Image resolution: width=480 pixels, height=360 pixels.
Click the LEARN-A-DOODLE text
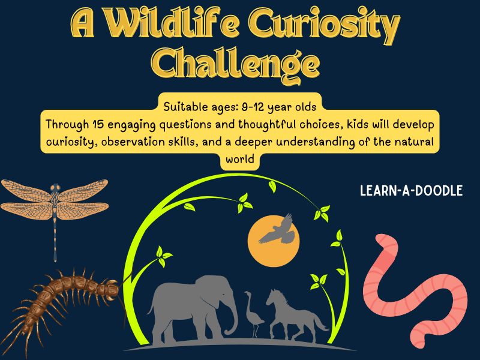[x=412, y=191]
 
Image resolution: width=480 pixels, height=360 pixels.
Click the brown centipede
[x=66, y=300]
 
